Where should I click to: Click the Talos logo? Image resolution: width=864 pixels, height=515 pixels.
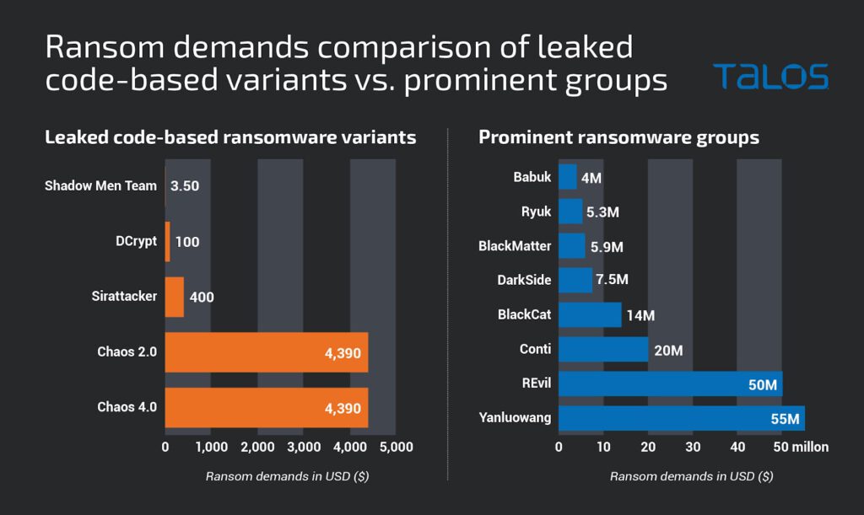pos(769,77)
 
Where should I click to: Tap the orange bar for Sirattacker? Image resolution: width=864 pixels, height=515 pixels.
pos(174,297)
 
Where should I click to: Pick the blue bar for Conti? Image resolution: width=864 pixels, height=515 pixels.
pos(603,349)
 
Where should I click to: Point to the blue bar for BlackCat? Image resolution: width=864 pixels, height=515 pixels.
pos(590,314)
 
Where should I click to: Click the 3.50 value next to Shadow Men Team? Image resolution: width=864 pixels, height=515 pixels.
pos(185,185)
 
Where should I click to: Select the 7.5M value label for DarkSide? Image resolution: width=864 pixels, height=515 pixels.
pos(612,280)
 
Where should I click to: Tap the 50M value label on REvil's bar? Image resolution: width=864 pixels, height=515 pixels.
pos(762,385)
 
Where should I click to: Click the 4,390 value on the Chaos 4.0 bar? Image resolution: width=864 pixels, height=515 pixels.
pos(343,409)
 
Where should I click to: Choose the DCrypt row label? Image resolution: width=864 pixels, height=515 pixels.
pos(136,241)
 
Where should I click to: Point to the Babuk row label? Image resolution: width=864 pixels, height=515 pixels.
pos(532,177)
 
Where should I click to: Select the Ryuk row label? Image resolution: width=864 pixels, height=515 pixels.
pos(536,212)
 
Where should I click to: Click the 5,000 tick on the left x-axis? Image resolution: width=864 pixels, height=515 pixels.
pos(397,447)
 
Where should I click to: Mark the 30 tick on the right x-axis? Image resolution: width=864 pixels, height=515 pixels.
pos(694,447)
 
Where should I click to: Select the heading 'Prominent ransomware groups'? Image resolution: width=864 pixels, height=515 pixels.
pos(618,137)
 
